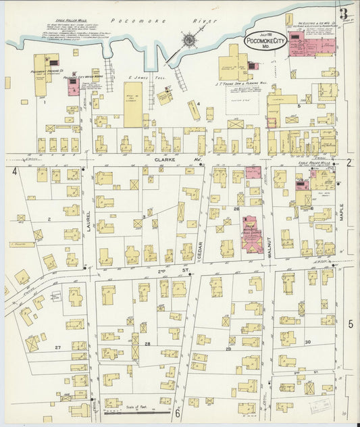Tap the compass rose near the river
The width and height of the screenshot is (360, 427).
click(x=189, y=41)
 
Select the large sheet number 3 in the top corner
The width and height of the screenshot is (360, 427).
click(x=344, y=13)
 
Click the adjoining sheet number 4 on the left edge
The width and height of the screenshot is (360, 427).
click(x=14, y=172)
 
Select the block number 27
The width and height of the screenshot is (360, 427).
click(x=58, y=347)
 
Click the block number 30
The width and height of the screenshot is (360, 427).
click(x=307, y=342)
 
